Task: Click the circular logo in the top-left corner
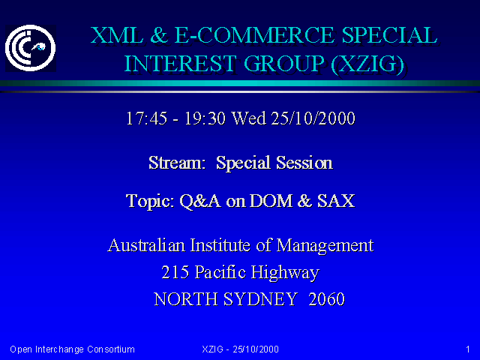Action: [30, 48]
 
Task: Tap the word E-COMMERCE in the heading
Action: [254, 35]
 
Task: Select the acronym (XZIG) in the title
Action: [367, 64]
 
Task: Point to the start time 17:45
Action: [147, 118]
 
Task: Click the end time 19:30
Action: [205, 118]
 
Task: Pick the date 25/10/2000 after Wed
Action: [313, 118]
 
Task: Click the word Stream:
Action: [177, 162]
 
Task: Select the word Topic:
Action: [150, 202]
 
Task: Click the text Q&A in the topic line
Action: [199, 201]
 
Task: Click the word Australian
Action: [146, 245]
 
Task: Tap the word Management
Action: [325, 246]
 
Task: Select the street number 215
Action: [175, 272]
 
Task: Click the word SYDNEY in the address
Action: [260, 299]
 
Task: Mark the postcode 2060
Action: [327, 299]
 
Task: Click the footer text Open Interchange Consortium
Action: [72, 349]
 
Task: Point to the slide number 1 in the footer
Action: [468, 349]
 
